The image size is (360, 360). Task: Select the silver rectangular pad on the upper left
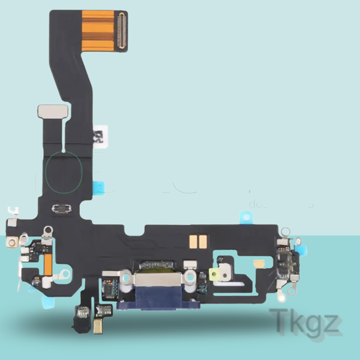48,111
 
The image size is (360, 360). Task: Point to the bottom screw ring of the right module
280,295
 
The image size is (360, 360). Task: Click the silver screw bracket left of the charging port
125,278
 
